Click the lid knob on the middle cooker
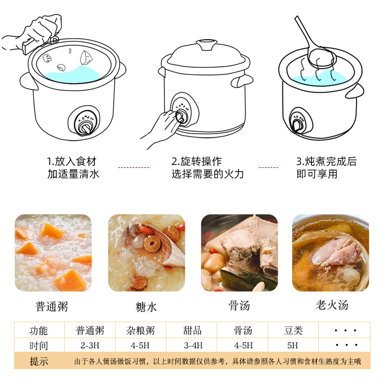207,46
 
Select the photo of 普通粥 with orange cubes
53,253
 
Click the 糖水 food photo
146,253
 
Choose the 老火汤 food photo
330,253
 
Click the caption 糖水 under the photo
146,307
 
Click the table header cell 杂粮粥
141,330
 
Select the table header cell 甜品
192,330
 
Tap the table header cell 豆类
293,330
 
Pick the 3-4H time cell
192,345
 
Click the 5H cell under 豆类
293,345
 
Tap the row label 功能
39,330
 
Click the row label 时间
39,345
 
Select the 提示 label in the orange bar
39,361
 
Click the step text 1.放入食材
74,162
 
